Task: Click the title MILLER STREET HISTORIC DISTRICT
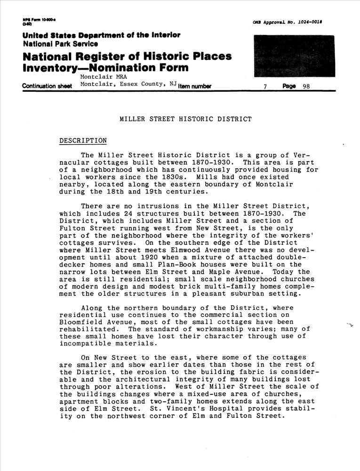[x=186, y=119]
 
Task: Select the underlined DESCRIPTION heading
[x=83, y=141]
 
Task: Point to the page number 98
[x=306, y=86]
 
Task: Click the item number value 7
[x=266, y=86]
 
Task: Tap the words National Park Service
[x=60, y=44]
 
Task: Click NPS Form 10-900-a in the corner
[x=39, y=20]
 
